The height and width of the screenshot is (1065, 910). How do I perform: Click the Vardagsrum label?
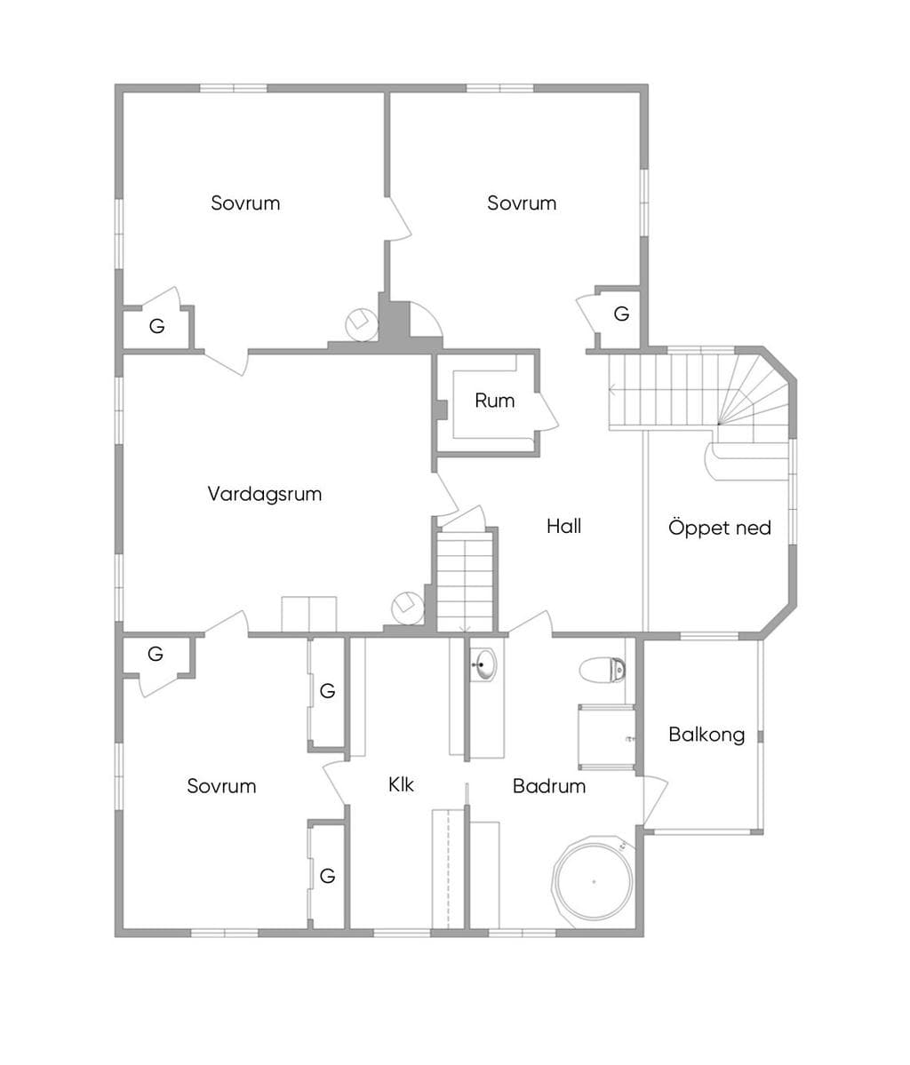click(x=264, y=494)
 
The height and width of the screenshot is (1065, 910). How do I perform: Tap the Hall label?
click(x=563, y=526)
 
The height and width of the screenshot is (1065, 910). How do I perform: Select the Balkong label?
click(x=706, y=735)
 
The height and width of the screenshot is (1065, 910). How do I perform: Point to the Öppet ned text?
click(x=719, y=528)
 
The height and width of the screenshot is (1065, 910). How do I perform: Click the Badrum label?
click(x=548, y=786)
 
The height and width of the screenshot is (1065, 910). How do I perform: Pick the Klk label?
click(x=401, y=784)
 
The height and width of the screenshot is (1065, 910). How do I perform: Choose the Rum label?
click(x=494, y=401)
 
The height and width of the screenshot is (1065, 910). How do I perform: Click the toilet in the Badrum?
click(x=603, y=670)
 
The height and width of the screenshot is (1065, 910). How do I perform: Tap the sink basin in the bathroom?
click(x=483, y=664)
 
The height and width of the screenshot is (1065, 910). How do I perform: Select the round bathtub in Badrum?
click(x=594, y=882)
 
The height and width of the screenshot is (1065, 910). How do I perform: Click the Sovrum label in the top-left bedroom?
click(x=245, y=203)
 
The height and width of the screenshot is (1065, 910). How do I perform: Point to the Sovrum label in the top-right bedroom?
click(x=522, y=203)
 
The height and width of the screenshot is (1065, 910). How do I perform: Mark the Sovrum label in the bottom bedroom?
click(x=221, y=786)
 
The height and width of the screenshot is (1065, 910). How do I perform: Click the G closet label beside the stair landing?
click(x=621, y=314)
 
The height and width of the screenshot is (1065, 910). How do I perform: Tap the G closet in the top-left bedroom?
click(x=157, y=327)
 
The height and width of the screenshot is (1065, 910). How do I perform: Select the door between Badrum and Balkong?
click(x=653, y=800)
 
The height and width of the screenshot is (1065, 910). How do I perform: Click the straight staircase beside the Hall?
click(x=464, y=582)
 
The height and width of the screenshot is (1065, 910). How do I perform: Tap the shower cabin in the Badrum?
click(x=605, y=737)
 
